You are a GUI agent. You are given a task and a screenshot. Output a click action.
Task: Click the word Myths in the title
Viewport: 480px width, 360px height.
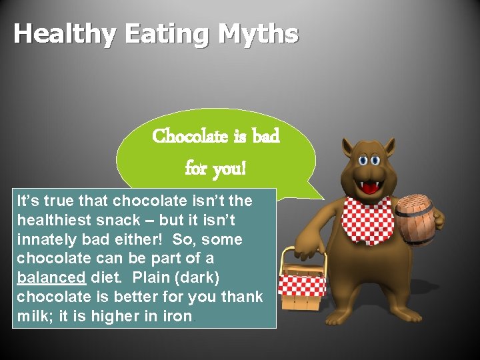tap(261, 34)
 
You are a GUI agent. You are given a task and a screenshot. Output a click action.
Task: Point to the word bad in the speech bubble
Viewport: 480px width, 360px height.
tap(265, 136)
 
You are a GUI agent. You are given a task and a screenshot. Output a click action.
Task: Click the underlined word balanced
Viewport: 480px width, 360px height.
tap(51, 277)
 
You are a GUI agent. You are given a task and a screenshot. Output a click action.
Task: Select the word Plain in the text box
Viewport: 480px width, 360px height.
tap(153, 277)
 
